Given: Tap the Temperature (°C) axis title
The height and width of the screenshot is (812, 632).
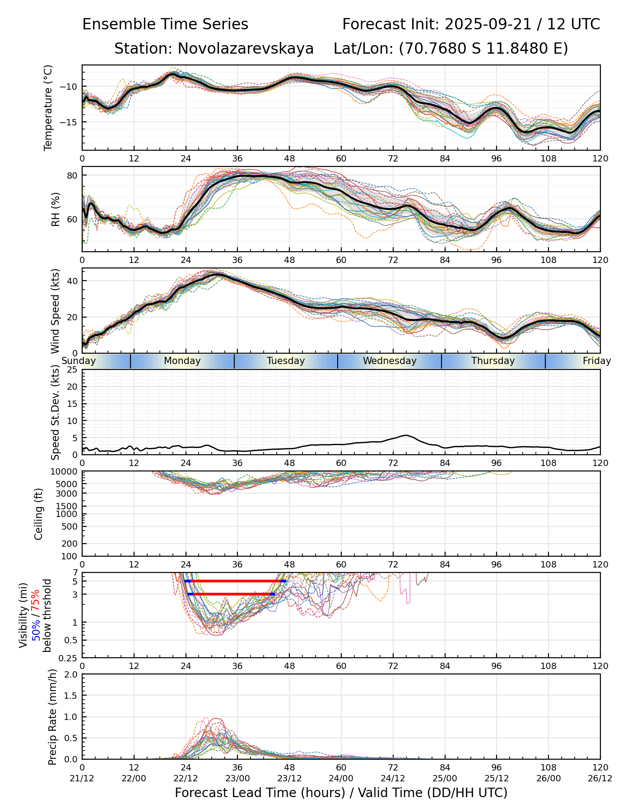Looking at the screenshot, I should click(x=48, y=107).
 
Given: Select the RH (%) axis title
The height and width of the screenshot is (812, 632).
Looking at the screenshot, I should click(x=56, y=209).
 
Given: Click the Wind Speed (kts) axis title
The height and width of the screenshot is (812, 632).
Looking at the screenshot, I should click(x=56, y=311).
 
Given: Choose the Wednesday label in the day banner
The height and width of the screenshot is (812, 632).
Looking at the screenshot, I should click(x=390, y=361).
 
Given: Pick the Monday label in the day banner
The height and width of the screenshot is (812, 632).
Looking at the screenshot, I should click(x=182, y=361).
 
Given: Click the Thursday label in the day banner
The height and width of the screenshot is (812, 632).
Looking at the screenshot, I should click(x=493, y=361).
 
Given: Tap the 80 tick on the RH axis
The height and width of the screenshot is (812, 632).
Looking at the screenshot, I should click(x=72, y=175).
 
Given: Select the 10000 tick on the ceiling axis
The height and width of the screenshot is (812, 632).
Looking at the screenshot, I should click(x=65, y=472).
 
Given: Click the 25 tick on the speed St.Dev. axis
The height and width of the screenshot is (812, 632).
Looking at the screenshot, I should click(x=72, y=370).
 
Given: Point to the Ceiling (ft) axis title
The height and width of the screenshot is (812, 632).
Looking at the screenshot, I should click(x=39, y=514).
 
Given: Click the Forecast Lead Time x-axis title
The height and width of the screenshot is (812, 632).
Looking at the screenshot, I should click(x=341, y=793).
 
